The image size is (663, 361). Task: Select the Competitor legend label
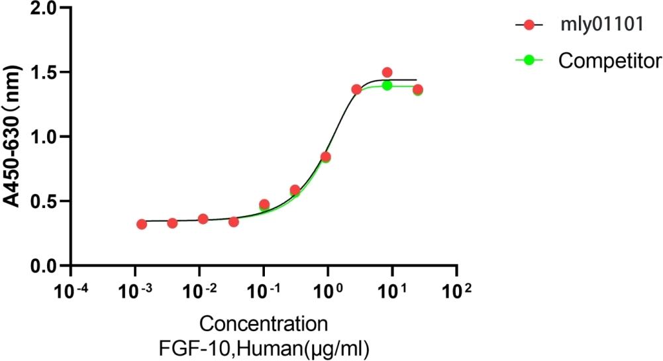609,60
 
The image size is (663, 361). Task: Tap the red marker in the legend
529,25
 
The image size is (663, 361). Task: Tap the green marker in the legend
529,60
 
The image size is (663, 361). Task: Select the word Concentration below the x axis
264,325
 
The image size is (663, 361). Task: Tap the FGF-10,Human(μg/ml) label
264,346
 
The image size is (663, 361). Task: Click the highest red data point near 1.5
387,72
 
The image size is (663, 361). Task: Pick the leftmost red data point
142,225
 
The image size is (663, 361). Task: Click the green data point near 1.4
387,85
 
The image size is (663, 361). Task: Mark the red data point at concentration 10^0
325,157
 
